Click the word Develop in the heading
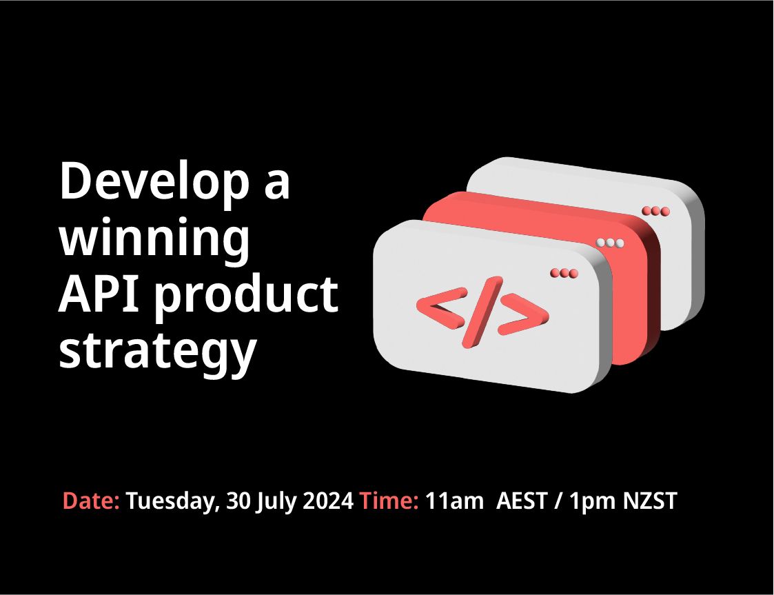[154, 182]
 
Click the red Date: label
[91, 501]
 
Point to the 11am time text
[454, 501]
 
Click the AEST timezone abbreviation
[522, 501]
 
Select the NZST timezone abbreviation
[650, 501]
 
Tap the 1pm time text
[592, 502]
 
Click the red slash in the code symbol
[482, 312]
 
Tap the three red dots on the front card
[564, 273]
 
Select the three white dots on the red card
[610, 243]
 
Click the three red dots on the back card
[656, 212]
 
